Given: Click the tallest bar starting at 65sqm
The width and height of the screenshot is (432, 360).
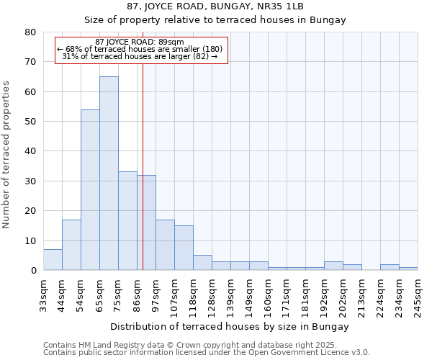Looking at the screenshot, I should [x=109, y=173].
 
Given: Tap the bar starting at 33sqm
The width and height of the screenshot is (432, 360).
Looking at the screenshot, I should [x=53, y=259].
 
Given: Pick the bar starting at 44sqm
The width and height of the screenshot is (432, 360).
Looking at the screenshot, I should [x=71, y=245].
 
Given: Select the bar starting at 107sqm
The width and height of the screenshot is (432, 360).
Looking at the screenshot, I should [x=184, y=248].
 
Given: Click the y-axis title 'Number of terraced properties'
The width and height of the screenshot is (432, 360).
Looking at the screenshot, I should [x=6, y=154].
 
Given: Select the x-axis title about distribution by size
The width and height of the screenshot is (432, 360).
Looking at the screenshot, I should [x=230, y=326].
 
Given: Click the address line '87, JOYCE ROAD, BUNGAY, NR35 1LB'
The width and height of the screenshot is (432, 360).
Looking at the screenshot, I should [x=215, y=6].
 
